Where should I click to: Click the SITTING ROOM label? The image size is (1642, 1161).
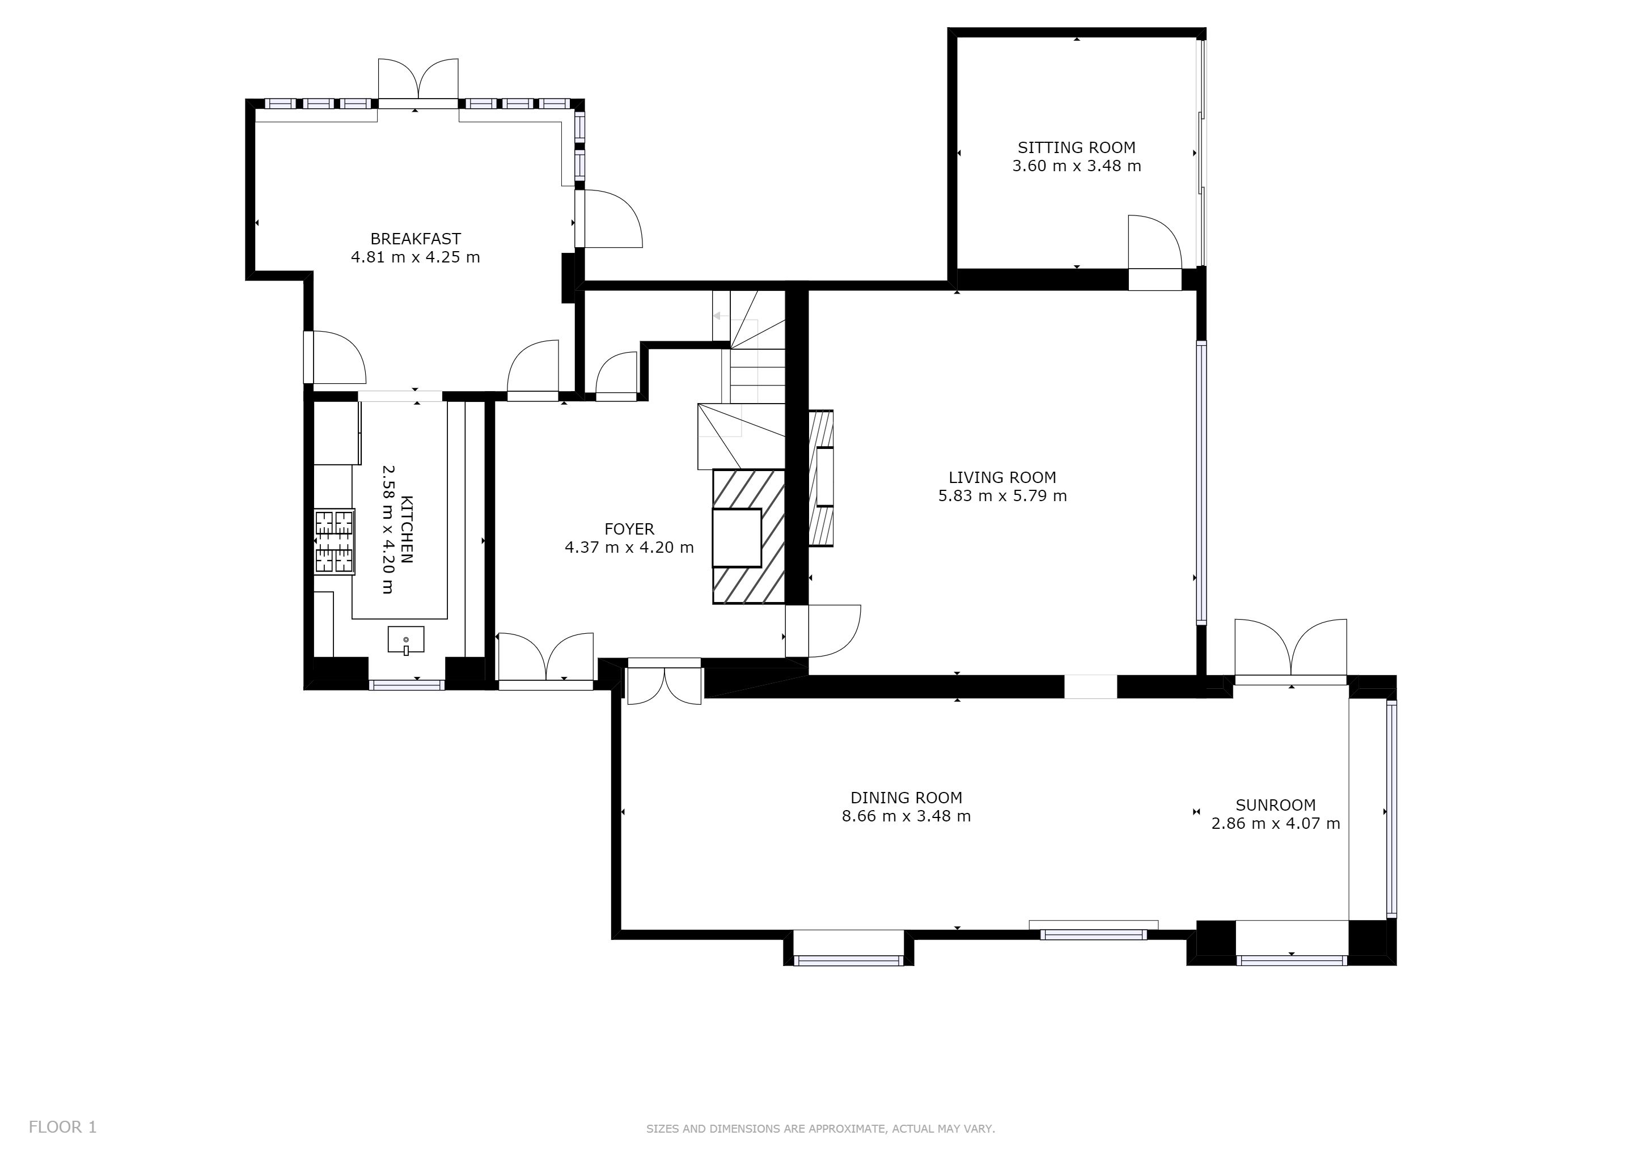tap(1076, 147)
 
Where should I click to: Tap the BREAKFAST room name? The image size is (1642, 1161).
tap(416, 239)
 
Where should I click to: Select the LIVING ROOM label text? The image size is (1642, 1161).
tap(1002, 477)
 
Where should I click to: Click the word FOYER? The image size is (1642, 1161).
tap(629, 529)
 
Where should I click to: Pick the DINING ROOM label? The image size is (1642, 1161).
tap(906, 798)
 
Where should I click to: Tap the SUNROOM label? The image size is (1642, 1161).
tap(1276, 805)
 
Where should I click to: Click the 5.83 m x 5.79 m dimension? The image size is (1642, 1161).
tap(1002, 496)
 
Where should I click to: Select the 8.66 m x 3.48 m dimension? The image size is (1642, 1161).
tap(906, 816)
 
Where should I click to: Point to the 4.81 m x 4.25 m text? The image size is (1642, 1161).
tap(416, 257)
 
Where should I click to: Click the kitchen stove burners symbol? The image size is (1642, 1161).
tap(335, 541)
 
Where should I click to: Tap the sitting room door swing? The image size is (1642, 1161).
tap(1154, 241)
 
